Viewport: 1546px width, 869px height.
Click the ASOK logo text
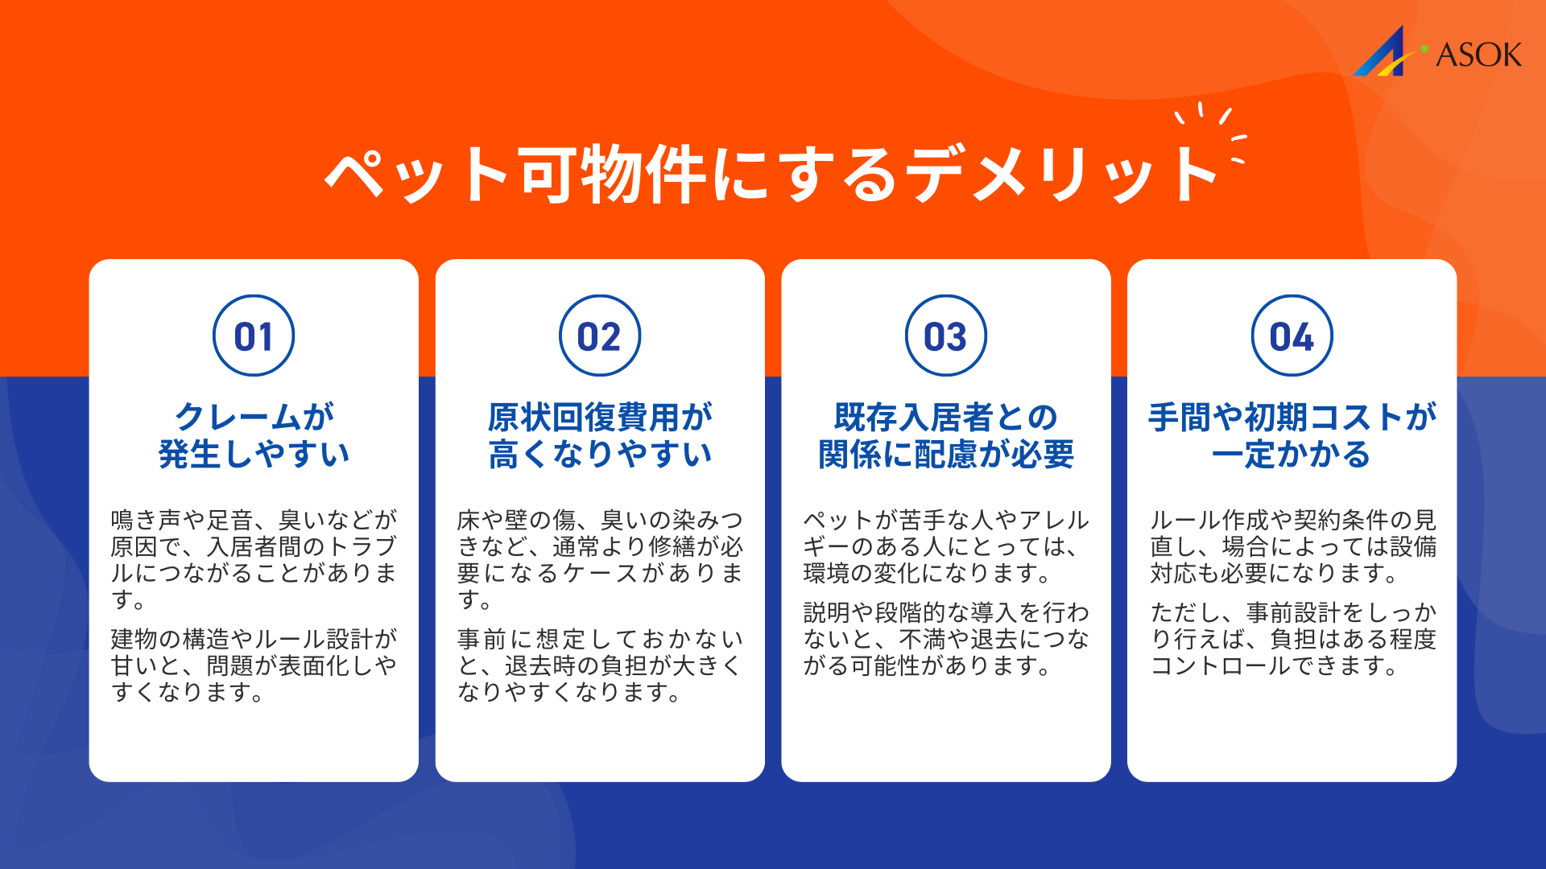tap(1478, 55)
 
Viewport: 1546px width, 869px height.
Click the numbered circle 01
tap(254, 336)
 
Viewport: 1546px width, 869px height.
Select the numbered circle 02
tap(600, 336)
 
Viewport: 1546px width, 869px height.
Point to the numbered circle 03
tap(946, 336)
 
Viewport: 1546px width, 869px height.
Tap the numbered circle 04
tap(1292, 336)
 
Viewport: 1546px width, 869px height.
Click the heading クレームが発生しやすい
tap(254, 435)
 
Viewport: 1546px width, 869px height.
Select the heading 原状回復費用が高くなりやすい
tap(600, 435)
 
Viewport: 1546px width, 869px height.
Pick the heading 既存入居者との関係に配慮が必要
tap(946, 435)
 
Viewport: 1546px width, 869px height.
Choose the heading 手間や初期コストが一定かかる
tap(1292, 435)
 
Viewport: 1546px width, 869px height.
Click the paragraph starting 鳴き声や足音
tap(254, 559)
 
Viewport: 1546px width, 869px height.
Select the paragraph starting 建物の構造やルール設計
tap(254, 665)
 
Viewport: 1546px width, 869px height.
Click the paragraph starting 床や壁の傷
tap(600, 559)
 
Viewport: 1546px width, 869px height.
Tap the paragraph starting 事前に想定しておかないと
tap(600, 665)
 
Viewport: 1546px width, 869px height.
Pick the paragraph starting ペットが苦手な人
tap(946, 546)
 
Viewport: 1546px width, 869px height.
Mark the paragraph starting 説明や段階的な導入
tap(946, 639)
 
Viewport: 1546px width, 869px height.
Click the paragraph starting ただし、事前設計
tap(1292, 639)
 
